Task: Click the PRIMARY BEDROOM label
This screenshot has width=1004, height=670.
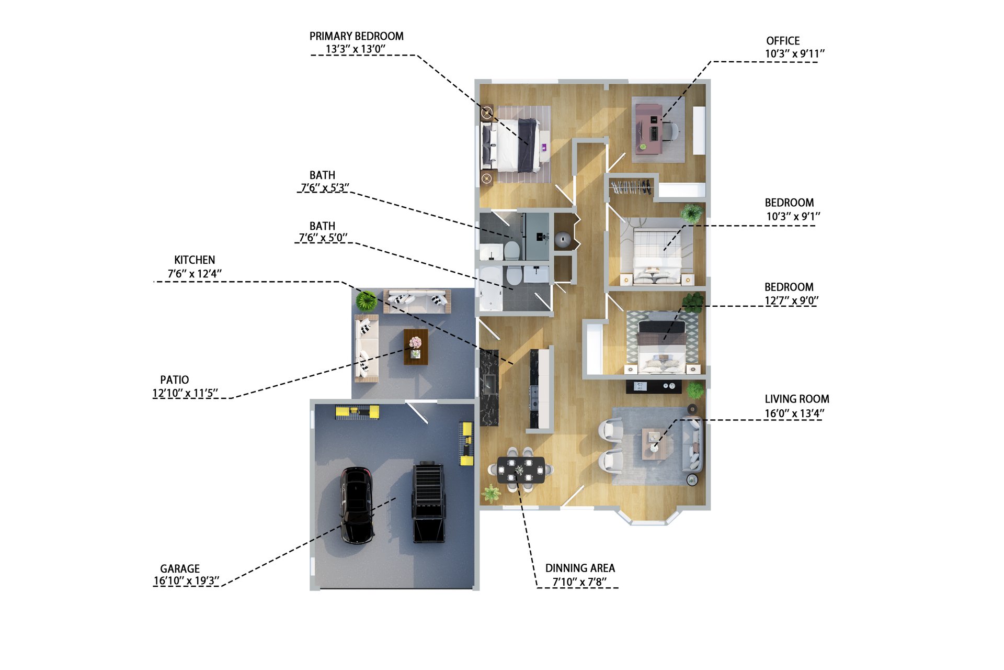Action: tap(357, 36)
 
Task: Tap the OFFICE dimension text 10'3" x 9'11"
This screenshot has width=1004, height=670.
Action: tap(795, 53)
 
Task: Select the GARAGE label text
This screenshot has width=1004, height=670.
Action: tap(180, 568)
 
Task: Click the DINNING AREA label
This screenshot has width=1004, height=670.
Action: tap(580, 568)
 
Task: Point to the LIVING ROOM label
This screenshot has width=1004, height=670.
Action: tap(797, 399)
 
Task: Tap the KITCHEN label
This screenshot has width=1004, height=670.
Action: tap(195, 260)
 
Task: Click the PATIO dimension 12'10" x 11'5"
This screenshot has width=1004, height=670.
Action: tap(185, 393)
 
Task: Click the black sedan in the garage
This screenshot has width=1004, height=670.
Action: tap(357, 505)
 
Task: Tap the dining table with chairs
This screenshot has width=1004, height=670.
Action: tap(520, 470)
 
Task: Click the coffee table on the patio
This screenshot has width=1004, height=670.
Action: tap(416, 347)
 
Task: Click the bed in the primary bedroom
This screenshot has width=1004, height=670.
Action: tap(511, 145)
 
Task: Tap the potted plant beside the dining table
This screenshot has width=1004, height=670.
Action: tap(491, 493)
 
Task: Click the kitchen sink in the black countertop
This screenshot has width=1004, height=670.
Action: tap(490, 384)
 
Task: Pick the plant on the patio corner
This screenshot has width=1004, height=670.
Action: tap(366, 301)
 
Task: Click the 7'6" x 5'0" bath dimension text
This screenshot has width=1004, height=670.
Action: tap(323, 238)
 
